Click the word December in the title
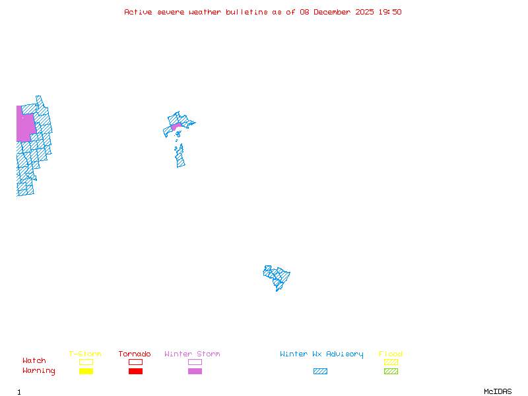(x=335, y=12)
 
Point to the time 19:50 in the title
(x=390, y=12)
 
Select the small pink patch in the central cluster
(x=176, y=125)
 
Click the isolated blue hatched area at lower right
(x=277, y=277)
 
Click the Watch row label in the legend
(x=34, y=360)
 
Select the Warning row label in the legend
(x=39, y=371)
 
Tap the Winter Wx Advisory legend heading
(x=321, y=354)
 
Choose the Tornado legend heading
(x=135, y=354)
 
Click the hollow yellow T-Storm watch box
(x=86, y=362)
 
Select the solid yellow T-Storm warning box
(x=86, y=371)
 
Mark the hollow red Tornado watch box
(x=135, y=362)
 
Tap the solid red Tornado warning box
(x=135, y=371)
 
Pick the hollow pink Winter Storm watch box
(x=195, y=362)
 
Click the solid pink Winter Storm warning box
(x=195, y=371)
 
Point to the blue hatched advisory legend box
(x=320, y=371)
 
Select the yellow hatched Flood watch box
(x=391, y=362)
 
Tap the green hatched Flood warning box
(x=391, y=371)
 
